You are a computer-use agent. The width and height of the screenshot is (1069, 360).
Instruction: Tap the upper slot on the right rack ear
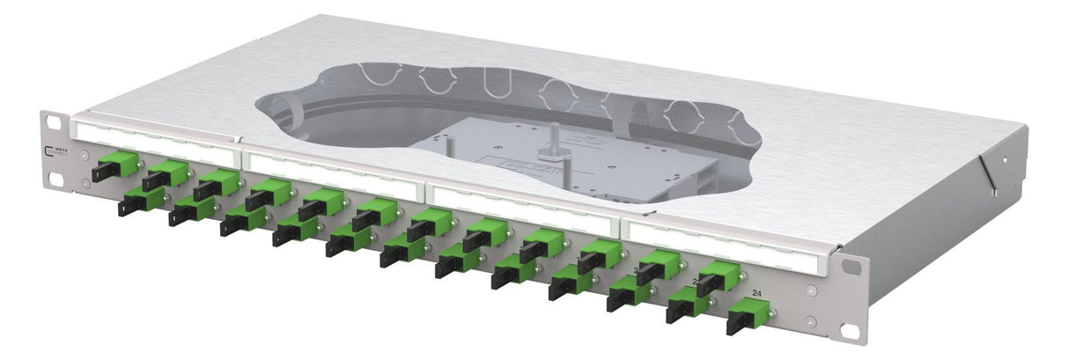(x=852, y=267)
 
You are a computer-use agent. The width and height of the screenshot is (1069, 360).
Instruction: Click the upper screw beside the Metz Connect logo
(x=84, y=156)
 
